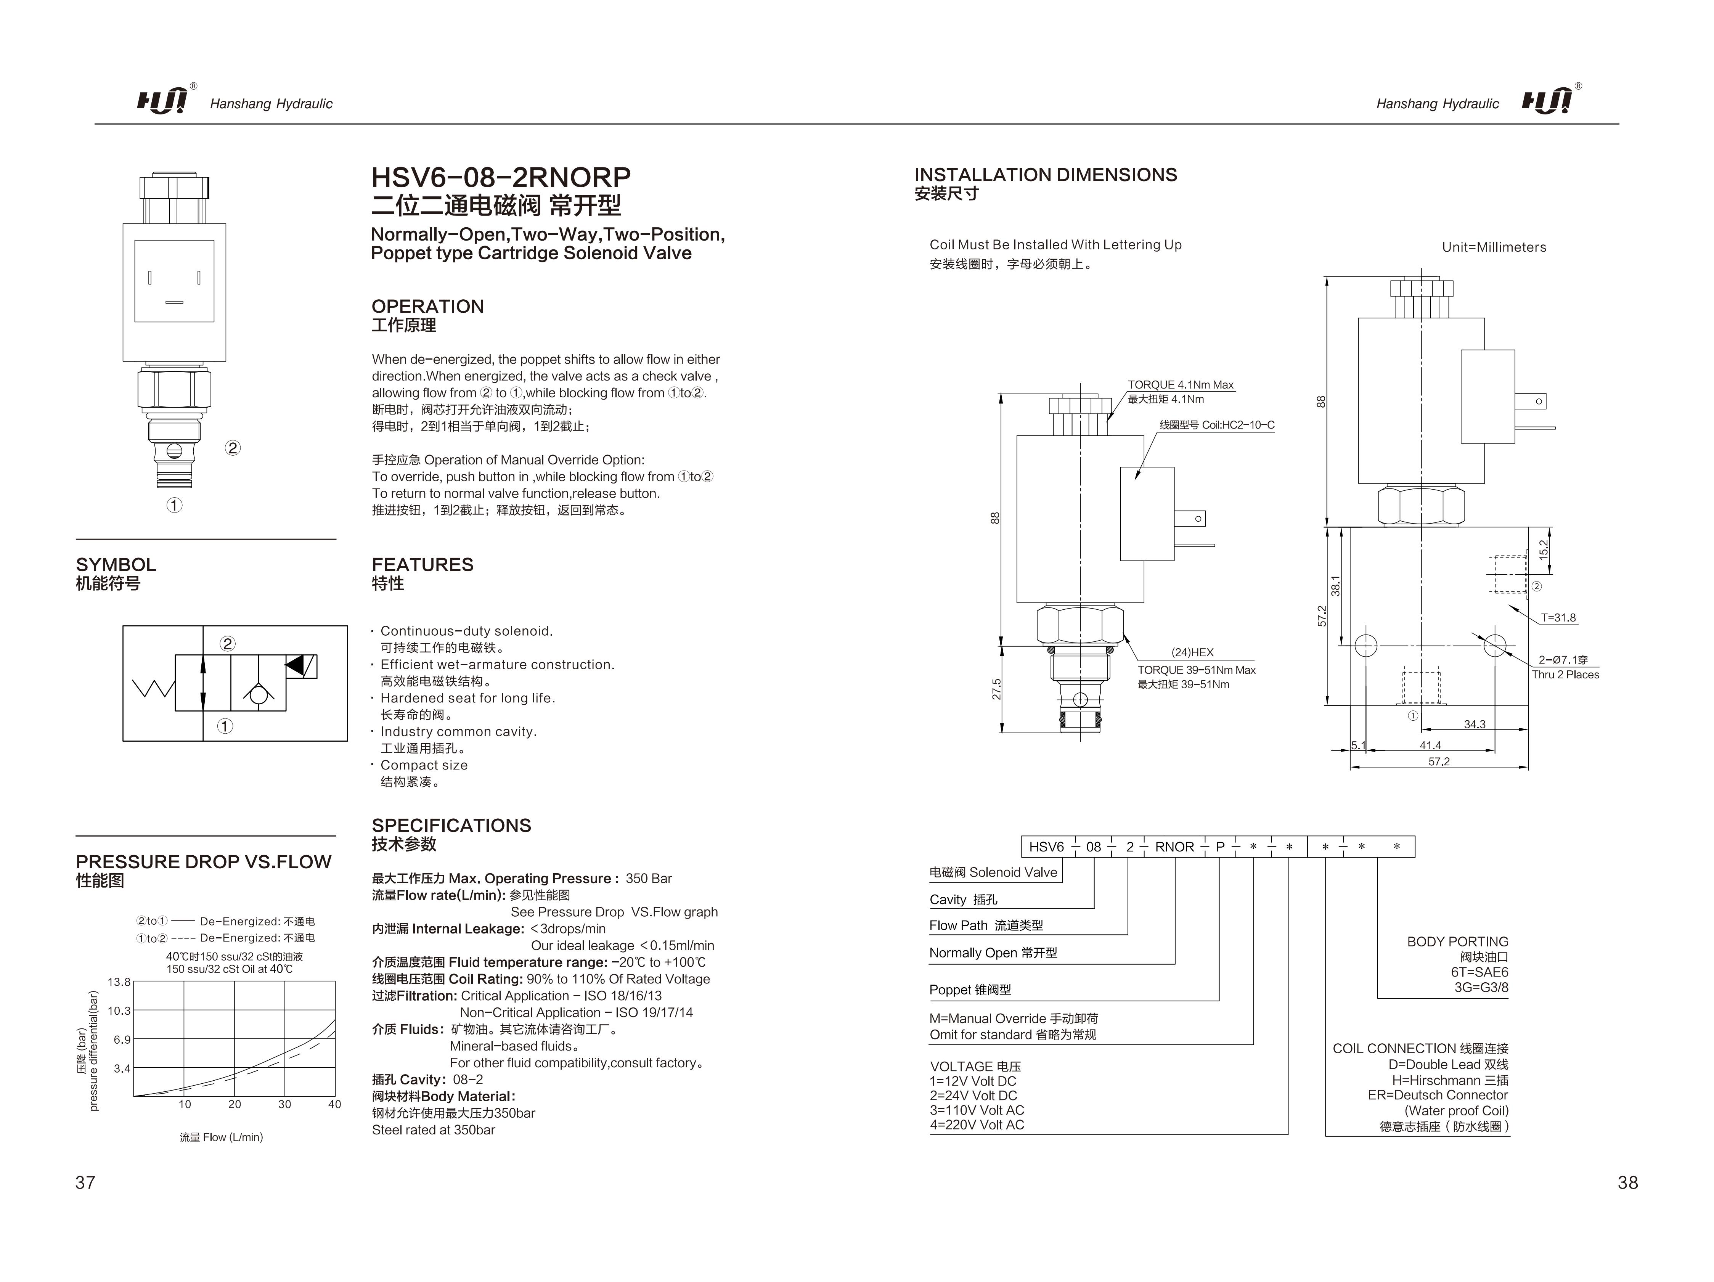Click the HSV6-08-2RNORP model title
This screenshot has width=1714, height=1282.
[x=501, y=177]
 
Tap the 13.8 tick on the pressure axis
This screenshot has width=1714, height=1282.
[x=119, y=982]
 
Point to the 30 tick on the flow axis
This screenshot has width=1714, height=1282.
[x=284, y=1105]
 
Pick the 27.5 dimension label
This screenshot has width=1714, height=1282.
[x=996, y=689]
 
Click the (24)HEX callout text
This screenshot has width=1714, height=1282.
[x=1192, y=652]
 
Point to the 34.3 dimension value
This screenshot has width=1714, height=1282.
[x=1475, y=725]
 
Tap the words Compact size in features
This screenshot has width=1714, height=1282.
[x=424, y=765]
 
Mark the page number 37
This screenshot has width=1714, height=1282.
[x=85, y=1182]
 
